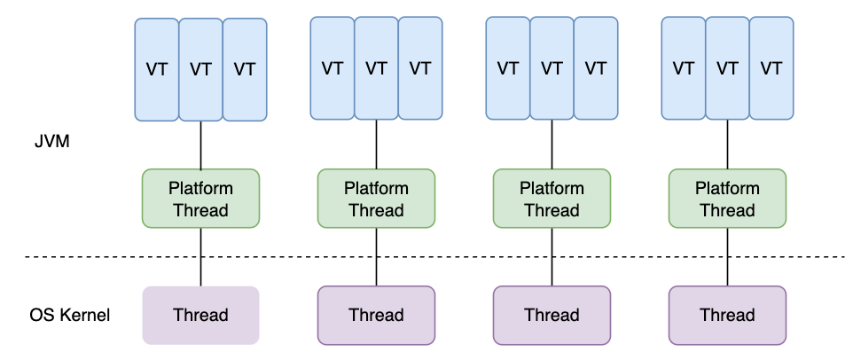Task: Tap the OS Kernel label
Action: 69,315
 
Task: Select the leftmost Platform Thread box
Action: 200,199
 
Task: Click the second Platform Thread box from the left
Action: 376,199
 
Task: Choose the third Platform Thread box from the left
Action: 552,199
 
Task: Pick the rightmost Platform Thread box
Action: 727,199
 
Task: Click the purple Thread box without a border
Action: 200,315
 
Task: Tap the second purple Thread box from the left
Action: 376,315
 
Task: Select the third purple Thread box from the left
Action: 552,315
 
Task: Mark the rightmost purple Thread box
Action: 727,315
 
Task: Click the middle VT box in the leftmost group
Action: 200,69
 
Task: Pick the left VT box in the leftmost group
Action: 157,69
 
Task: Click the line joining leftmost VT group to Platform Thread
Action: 200,145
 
